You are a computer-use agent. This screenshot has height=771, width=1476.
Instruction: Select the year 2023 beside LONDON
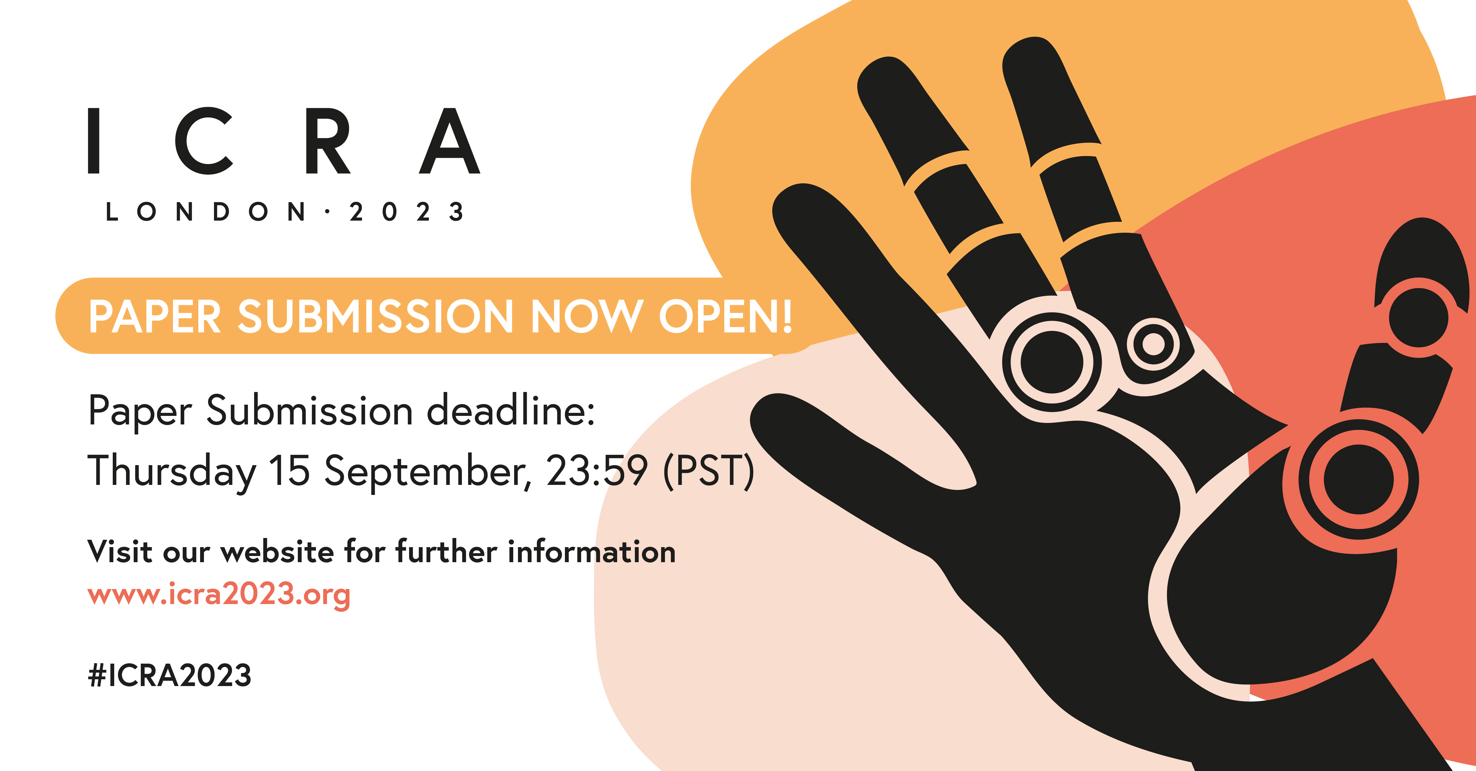(x=407, y=212)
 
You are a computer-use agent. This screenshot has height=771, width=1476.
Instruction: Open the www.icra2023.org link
(x=219, y=595)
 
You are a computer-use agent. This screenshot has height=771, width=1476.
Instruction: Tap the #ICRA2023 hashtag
(x=170, y=675)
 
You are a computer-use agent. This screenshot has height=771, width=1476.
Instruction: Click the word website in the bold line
(x=277, y=552)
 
